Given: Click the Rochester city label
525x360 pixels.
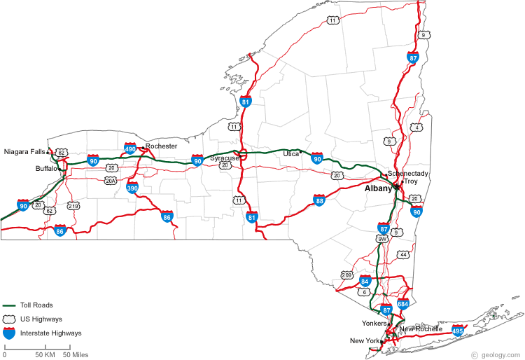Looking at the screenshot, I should pyautogui.click(x=161, y=146).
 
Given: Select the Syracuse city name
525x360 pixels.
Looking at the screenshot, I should pyautogui.click(x=224, y=158).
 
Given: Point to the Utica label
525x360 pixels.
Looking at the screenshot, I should pyautogui.click(x=290, y=153).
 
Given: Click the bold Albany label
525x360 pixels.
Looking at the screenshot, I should pyautogui.click(x=378, y=188).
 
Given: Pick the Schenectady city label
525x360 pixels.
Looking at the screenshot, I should pyautogui.click(x=408, y=173).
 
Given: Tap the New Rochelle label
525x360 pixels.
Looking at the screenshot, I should pyautogui.click(x=421, y=329).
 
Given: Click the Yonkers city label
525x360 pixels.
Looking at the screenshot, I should pyautogui.click(x=374, y=324).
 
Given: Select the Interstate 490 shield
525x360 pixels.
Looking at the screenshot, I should pyautogui.click(x=130, y=148).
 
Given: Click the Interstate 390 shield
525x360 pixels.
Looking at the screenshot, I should pyautogui.click(x=132, y=188).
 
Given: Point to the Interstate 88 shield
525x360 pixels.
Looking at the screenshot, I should pyautogui.click(x=319, y=201).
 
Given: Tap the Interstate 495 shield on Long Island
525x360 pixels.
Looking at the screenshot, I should pyautogui.click(x=458, y=329).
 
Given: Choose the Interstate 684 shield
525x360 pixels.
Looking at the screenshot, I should pyautogui.click(x=402, y=304).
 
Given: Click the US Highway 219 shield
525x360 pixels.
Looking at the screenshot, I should pyautogui.click(x=73, y=206).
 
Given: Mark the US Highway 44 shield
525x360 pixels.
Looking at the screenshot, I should pyautogui.click(x=402, y=254).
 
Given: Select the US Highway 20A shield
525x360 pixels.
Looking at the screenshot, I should pyautogui.click(x=111, y=181).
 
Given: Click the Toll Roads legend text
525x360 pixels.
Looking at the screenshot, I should pyautogui.click(x=36, y=305).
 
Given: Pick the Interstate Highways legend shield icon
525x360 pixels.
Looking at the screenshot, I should pyautogui.click(x=9, y=333).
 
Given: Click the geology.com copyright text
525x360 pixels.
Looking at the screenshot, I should pyautogui.click(x=498, y=355).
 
